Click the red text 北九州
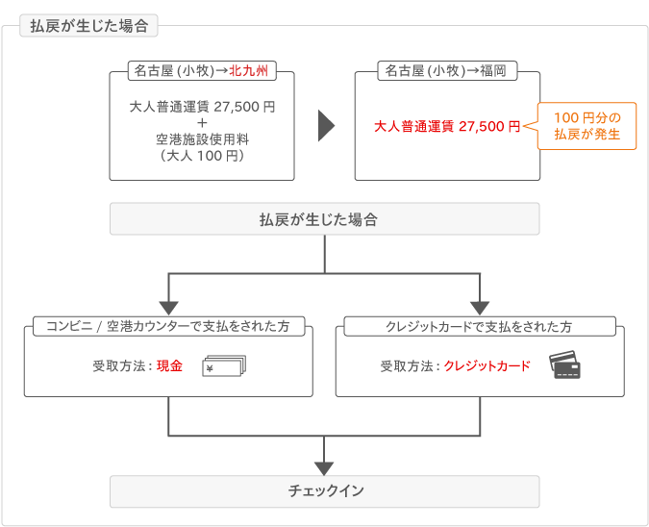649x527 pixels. click(248, 71)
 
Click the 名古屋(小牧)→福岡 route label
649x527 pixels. click(447, 71)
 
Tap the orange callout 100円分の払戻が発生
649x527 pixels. click(587, 126)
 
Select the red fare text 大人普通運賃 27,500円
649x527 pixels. click(447, 126)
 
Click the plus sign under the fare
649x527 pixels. click(202, 123)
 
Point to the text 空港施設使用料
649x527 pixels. click(202, 139)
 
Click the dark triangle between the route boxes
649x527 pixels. click(326, 126)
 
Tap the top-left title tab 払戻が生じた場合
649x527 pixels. click(88, 26)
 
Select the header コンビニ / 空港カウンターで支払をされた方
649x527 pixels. click(168, 326)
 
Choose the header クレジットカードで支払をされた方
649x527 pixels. click(480, 327)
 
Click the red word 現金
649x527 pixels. click(169, 366)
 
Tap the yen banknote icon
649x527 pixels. click(224, 366)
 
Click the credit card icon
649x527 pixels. click(564, 364)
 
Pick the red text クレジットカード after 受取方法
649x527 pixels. click(487, 366)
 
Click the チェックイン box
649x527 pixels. click(325, 491)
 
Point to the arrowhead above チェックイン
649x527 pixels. click(324, 468)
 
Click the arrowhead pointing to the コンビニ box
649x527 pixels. click(168, 309)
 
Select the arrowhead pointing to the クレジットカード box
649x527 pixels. click(480, 309)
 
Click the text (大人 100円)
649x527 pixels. click(202, 156)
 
